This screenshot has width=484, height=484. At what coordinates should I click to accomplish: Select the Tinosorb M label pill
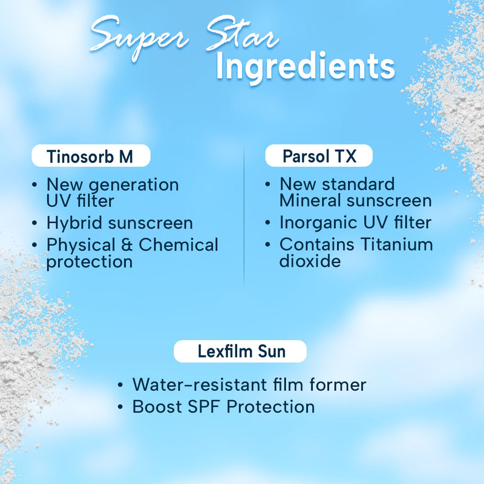coord(90,157)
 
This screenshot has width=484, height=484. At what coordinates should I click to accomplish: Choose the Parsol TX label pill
coord(319,157)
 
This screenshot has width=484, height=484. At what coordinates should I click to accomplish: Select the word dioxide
coord(310,261)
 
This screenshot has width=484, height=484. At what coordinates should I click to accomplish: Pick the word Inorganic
coord(317,223)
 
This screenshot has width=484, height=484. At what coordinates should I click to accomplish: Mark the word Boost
coord(157,407)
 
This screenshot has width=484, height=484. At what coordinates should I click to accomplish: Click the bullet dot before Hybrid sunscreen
coord(35,223)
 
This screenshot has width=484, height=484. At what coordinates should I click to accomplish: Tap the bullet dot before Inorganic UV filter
coord(267,223)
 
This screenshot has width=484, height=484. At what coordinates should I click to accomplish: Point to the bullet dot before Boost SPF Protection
coord(121,407)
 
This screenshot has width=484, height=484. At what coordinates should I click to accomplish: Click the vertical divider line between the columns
coord(244,218)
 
